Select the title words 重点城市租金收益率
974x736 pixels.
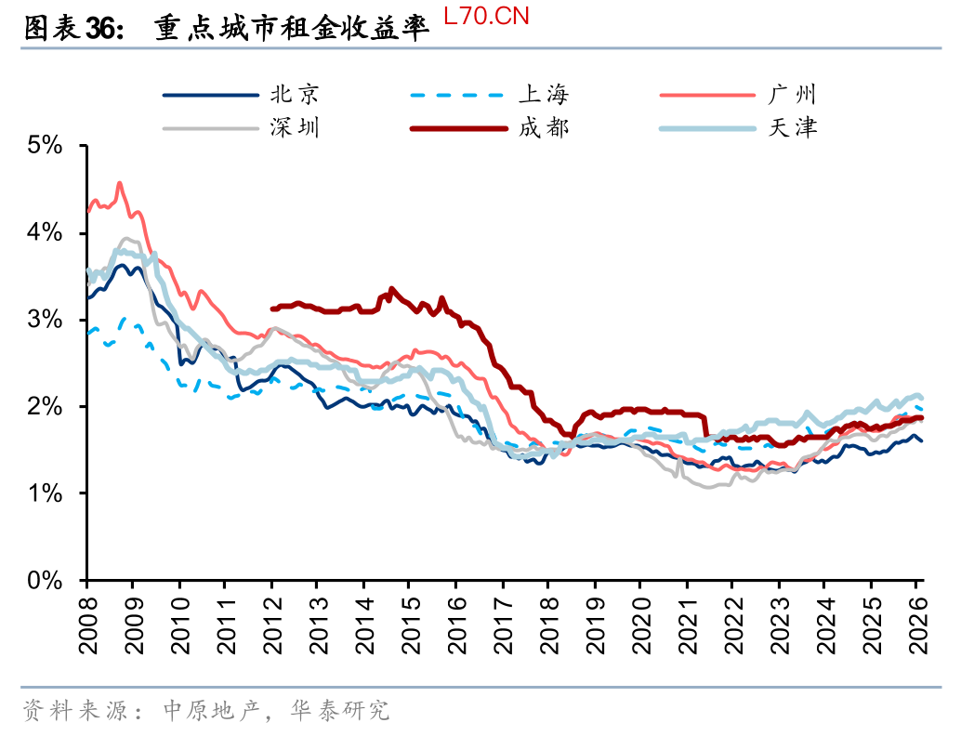292,30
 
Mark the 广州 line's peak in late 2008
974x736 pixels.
119,183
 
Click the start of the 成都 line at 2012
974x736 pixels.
271,309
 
